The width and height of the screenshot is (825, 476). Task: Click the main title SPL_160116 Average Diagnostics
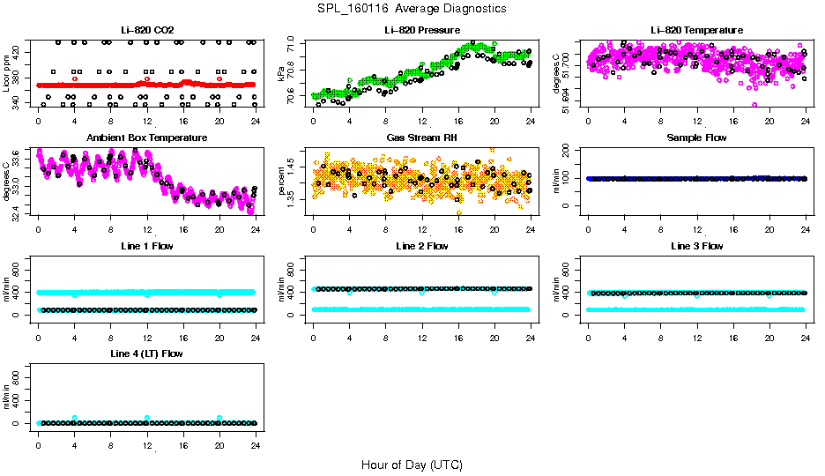pyautogui.click(x=412, y=8)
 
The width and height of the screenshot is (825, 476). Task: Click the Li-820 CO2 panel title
pyautogui.click(x=147, y=31)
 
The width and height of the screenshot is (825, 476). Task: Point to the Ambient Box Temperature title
pyautogui.click(x=147, y=138)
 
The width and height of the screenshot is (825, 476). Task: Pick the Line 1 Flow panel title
pyautogui.click(x=147, y=246)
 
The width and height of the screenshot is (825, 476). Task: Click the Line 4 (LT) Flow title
pyautogui.click(x=147, y=353)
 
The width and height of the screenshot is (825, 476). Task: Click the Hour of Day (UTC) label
pyautogui.click(x=412, y=465)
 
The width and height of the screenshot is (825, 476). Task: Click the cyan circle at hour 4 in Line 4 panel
pyautogui.click(x=75, y=418)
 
